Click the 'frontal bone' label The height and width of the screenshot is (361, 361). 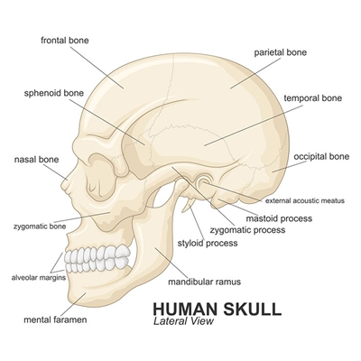[65, 40]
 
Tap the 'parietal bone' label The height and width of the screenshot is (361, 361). [281, 52]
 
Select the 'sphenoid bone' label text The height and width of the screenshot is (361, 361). [54, 93]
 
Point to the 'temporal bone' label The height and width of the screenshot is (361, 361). [313, 98]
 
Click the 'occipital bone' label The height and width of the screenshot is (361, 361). [321, 156]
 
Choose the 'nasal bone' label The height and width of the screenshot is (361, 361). [36, 160]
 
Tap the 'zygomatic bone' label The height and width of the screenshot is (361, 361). [40, 227]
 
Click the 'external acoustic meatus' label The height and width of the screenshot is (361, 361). [305, 200]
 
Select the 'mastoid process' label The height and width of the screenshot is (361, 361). [279, 218]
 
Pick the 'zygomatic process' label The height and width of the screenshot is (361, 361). [247, 230]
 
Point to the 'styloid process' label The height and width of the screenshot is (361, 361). [208, 243]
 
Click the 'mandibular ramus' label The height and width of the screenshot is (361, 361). [205, 282]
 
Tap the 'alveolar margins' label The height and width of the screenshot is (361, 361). [39, 277]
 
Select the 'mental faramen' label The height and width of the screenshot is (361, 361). [55, 319]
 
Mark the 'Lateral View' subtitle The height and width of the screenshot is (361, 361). [183, 321]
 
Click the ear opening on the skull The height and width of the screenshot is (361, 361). [204, 182]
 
